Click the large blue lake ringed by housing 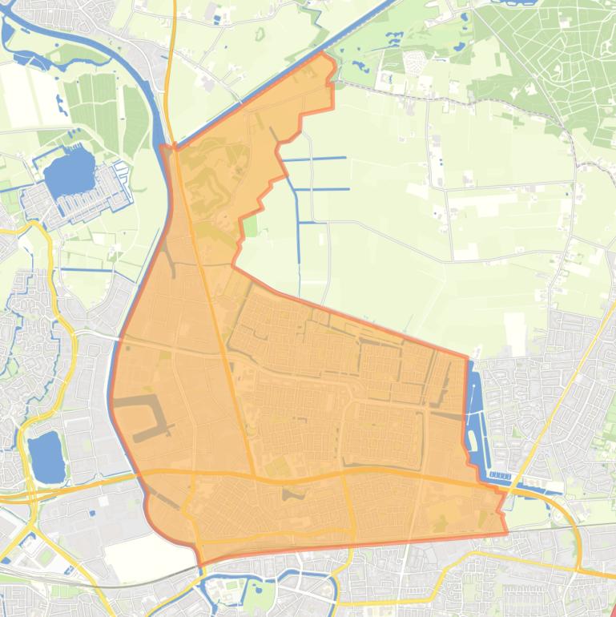69,174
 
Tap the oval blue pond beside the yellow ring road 46,458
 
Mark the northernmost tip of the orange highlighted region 324,53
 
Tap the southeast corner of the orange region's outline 506,533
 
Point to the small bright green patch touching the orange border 251,227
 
